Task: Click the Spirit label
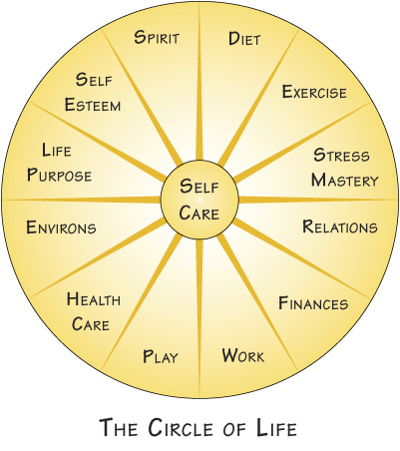coord(157,37)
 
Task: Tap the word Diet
coord(244,39)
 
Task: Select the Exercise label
coord(314,92)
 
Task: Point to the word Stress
coord(341,155)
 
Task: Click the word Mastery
coord(345,180)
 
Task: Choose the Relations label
coord(340,226)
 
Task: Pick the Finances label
coord(313,303)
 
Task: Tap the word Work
coord(243,355)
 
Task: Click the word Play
coord(161,356)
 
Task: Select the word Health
coord(94,298)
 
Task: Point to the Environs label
coord(61,227)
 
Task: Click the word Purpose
coord(59,175)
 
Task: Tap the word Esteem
coord(93,105)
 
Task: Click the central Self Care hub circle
coord(200,200)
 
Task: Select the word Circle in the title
coord(182,427)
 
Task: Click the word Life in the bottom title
coord(276,427)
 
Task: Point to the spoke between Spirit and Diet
coord(200,82)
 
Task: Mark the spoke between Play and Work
coord(200,317)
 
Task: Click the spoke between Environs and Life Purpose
coord(82,200)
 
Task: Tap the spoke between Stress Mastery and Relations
coord(318,200)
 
